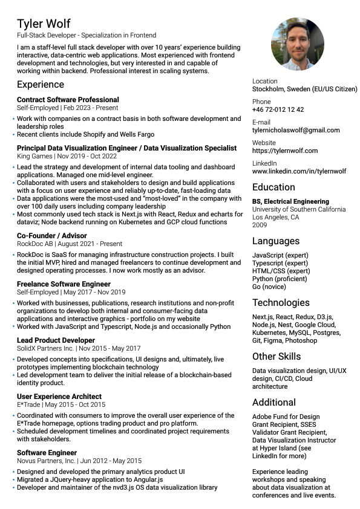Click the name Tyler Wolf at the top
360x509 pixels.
[44, 24]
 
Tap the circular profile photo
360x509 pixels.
[298, 44]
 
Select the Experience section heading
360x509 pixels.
[41, 85]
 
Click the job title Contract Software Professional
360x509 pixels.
[68, 100]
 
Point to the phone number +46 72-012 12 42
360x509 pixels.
[278, 110]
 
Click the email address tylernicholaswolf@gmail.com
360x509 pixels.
[296, 130]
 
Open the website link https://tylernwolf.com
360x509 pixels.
[284, 151]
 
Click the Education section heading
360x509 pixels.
[273, 187]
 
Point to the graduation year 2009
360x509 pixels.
[260, 225]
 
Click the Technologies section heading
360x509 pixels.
[281, 303]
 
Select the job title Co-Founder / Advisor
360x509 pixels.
[51, 236]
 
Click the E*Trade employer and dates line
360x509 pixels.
[61, 404]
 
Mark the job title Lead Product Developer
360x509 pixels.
[56, 340]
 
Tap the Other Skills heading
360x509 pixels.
[277, 356]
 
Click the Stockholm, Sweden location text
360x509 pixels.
[304, 89]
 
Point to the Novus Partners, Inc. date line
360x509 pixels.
[79, 461]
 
